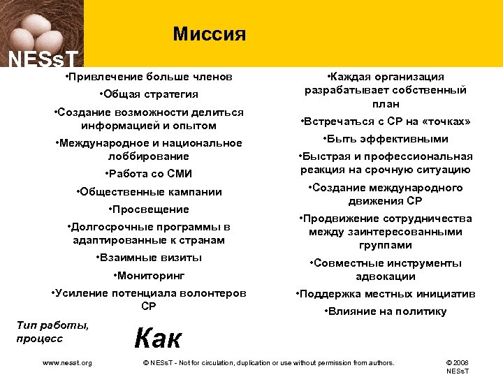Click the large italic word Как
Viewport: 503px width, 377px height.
click(x=158, y=338)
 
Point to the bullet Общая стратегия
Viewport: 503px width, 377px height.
click(x=149, y=94)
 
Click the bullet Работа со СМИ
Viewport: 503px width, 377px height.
click(x=148, y=174)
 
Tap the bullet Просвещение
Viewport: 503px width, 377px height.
click(x=149, y=209)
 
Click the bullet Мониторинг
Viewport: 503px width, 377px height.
click(x=149, y=276)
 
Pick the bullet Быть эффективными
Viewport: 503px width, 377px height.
click(x=386, y=138)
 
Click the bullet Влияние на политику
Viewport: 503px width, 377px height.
click(x=386, y=311)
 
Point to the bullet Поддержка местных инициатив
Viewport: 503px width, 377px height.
click(x=386, y=294)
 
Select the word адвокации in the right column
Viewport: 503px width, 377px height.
click(x=386, y=276)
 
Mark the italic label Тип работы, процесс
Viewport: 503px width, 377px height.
click(x=52, y=332)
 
